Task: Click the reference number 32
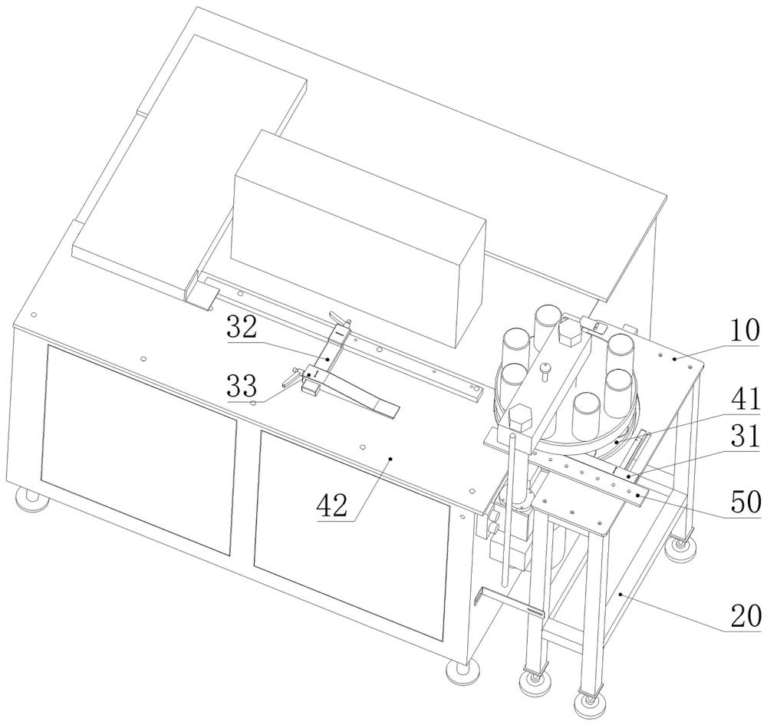242,328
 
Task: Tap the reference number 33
242,386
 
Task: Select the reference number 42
332,506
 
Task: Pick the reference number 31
745,436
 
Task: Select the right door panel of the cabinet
351,536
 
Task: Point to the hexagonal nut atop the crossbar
571,333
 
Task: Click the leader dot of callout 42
390,458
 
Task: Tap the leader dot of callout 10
674,358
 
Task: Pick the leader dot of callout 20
621,594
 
